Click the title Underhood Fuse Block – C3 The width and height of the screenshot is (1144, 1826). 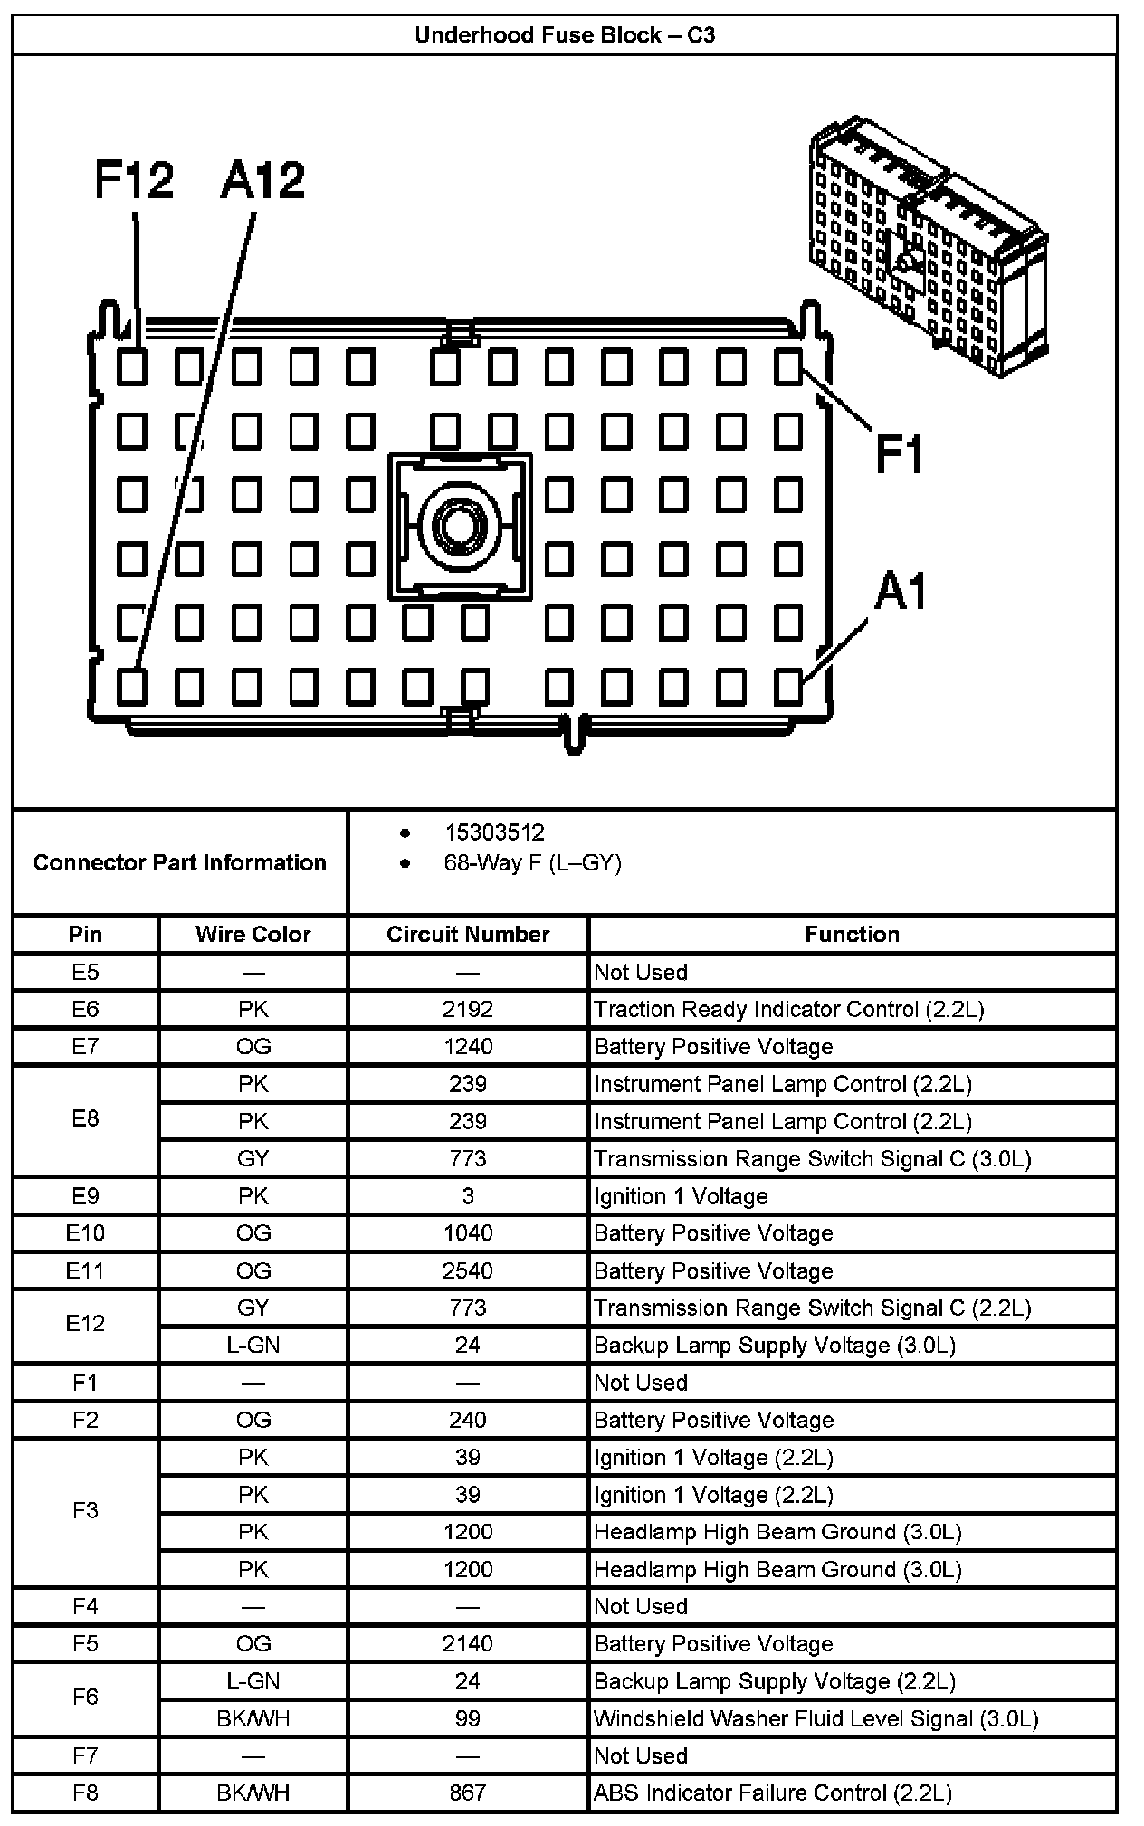click(x=565, y=35)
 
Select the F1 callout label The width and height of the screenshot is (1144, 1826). click(x=899, y=453)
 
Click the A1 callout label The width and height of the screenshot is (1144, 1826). click(x=901, y=593)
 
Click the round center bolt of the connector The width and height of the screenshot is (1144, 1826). click(x=461, y=525)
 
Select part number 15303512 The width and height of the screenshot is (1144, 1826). click(x=494, y=832)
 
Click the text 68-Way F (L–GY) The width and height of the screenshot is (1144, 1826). click(x=532, y=863)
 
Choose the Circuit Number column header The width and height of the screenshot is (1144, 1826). click(x=468, y=935)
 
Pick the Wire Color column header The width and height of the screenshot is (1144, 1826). click(x=253, y=935)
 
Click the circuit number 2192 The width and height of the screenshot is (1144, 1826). click(x=468, y=1009)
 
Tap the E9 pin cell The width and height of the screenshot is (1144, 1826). click(x=85, y=1196)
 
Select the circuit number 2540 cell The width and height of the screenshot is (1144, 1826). click(x=468, y=1270)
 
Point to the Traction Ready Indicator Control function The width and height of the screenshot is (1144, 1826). click(x=788, y=1009)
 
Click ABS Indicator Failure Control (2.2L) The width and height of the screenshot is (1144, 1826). click(x=772, y=1793)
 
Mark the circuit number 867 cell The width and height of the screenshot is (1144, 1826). click(x=468, y=1793)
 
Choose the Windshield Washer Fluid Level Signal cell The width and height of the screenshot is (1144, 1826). click(x=815, y=1718)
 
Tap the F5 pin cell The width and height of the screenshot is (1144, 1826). click(x=85, y=1643)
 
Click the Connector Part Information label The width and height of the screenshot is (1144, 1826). click(x=179, y=862)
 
